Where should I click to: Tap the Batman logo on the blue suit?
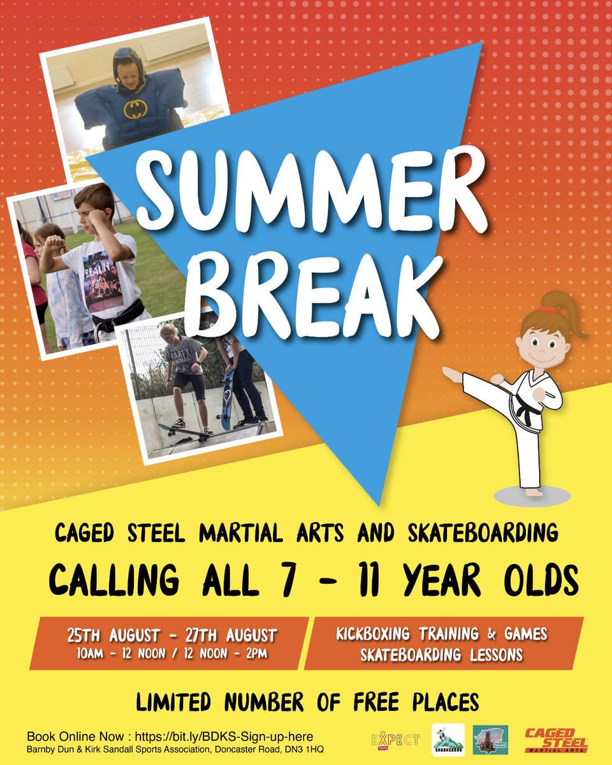tap(135, 108)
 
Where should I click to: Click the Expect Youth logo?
tap(395, 739)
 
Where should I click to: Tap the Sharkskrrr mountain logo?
tap(447, 740)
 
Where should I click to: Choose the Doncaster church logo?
tap(490, 740)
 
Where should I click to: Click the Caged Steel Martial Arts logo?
tap(555, 740)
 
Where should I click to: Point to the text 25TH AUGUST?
tap(113, 636)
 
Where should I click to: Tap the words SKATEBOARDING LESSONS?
tap(441, 655)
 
